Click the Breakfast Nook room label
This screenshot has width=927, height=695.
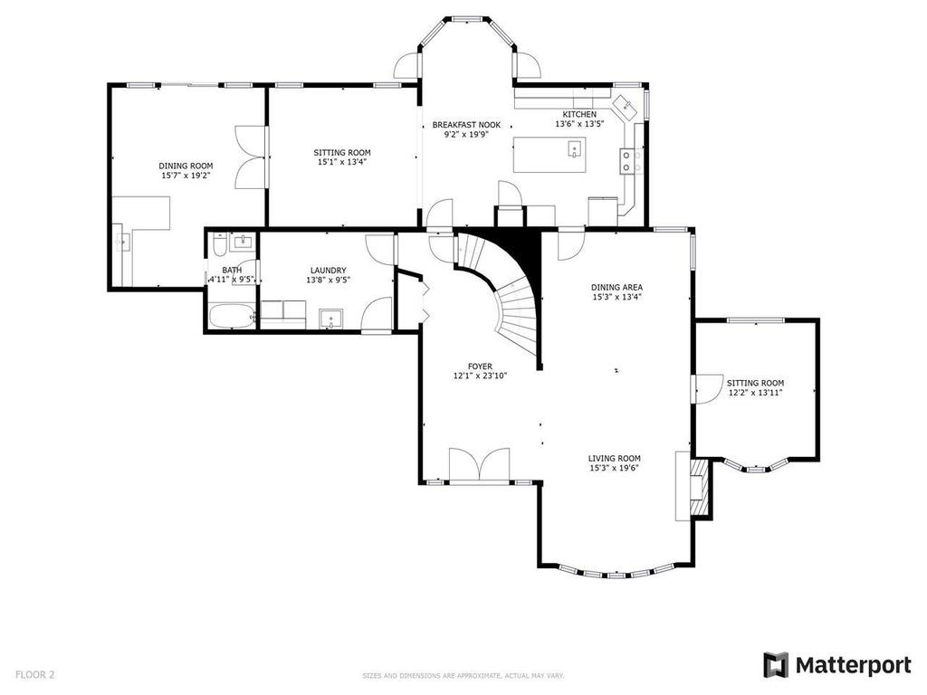[x=466, y=125]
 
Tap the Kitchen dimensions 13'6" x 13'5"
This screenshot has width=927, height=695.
[x=579, y=125]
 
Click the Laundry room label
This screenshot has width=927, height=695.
[x=328, y=270]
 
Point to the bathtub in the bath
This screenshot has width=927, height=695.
[x=230, y=317]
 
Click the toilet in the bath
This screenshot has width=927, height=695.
[x=220, y=246]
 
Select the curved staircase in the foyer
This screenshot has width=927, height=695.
[x=507, y=290]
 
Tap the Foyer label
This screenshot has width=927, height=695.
[x=480, y=367]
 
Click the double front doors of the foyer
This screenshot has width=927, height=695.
[x=480, y=465]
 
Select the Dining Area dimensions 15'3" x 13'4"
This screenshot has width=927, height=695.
[x=617, y=297]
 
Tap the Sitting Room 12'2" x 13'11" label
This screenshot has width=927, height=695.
[x=756, y=393]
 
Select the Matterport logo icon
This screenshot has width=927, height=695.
[x=775, y=665]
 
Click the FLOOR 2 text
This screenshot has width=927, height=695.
[x=35, y=674]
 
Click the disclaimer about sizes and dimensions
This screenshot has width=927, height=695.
[x=463, y=675]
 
